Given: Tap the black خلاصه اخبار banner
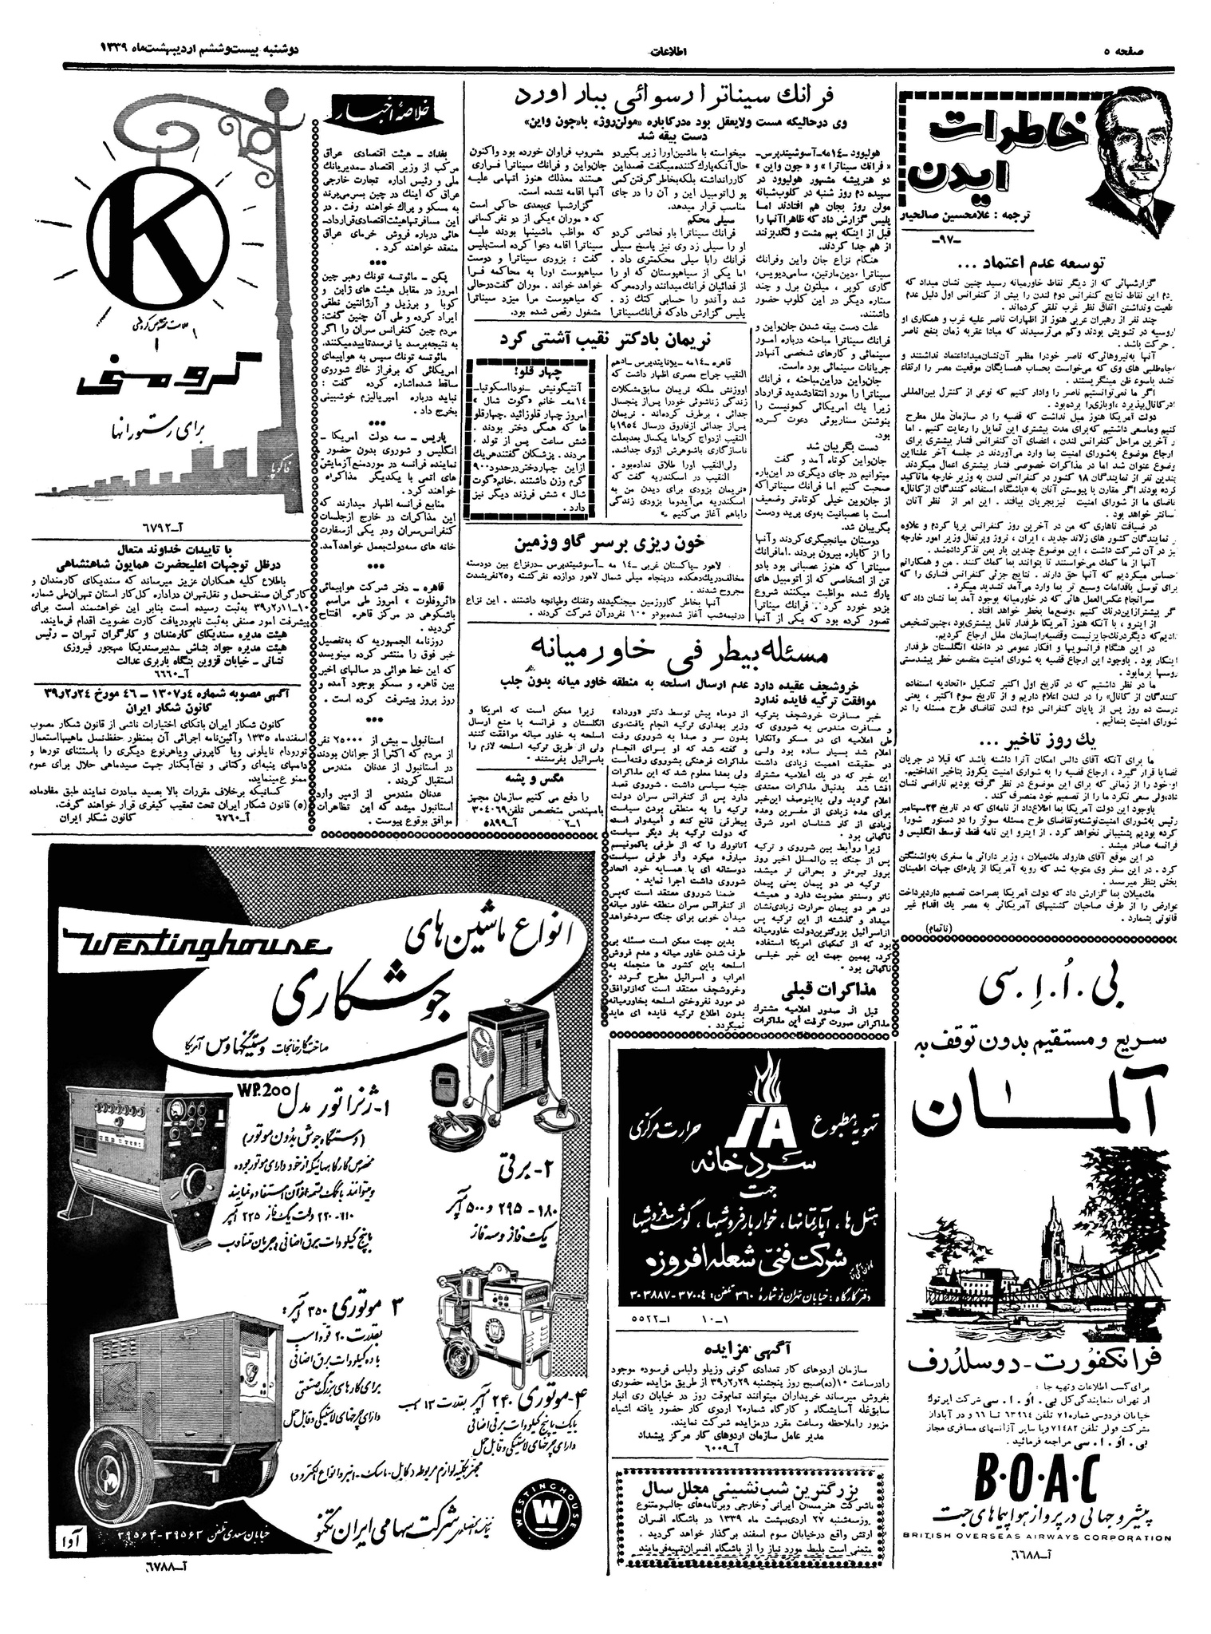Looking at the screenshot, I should [376, 113].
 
